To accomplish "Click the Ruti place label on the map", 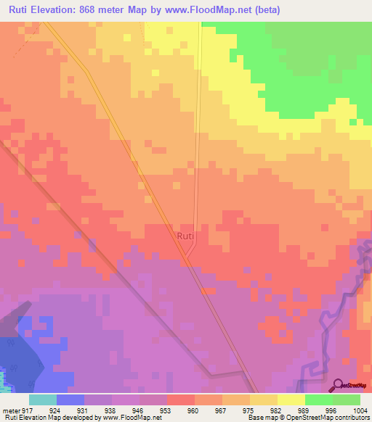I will tap(185, 236).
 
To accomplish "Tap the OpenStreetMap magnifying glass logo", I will tap(339, 385).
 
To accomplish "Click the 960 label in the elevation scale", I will tap(193, 409).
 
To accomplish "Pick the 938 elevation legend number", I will tap(110, 409).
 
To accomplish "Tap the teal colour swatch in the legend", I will tap(43, 400).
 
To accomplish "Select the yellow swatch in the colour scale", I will tap(291, 400).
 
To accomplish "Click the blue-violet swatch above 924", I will tap(70, 400).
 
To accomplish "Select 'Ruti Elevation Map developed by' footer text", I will tap(49, 418).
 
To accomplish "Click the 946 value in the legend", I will tap(137, 409).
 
